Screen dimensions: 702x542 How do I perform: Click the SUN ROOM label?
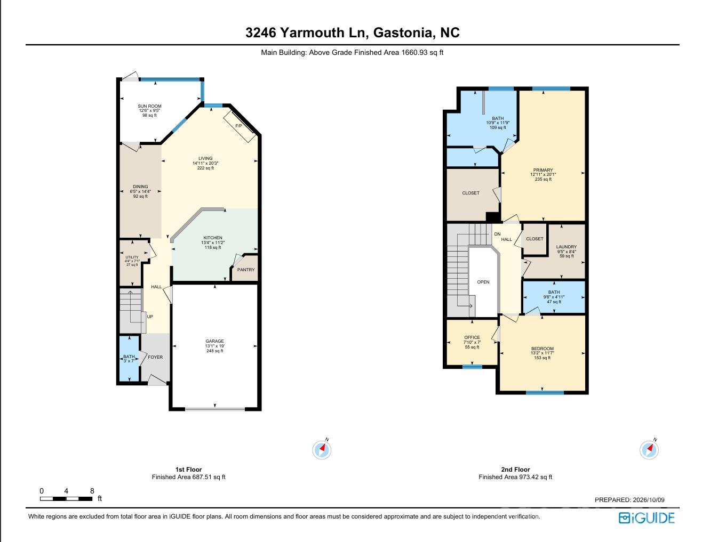click(x=149, y=106)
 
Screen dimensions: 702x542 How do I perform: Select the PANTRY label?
click(x=246, y=270)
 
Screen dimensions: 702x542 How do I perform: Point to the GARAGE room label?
click(x=215, y=341)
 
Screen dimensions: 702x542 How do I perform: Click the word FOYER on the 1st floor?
click(x=155, y=357)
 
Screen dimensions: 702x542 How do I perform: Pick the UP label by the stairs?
click(x=150, y=317)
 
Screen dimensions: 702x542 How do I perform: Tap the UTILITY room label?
click(x=132, y=257)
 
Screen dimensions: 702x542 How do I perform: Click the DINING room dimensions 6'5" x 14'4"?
click(x=140, y=191)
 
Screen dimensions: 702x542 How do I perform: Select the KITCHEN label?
click(x=213, y=238)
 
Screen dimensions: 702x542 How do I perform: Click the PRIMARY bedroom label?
click(x=543, y=170)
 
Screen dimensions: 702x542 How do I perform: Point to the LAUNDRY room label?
click(x=567, y=247)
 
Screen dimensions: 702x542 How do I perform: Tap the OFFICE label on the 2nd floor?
click(x=472, y=337)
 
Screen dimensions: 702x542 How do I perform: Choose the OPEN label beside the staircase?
click(x=483, y=282)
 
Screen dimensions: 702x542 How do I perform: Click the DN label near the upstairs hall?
click(x=497, y=234)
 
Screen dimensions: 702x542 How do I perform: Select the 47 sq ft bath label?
click(x=554, y=302)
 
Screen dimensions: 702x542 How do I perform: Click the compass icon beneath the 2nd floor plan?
click(x=649, y=450)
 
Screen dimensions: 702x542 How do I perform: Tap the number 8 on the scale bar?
click(x=92, y=491)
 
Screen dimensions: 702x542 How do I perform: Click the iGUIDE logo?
click(x=647, y=518)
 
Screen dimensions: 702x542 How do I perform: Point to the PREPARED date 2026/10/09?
click(x=649, y=500)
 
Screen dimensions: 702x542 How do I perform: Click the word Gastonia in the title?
click(x=403, y=33)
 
